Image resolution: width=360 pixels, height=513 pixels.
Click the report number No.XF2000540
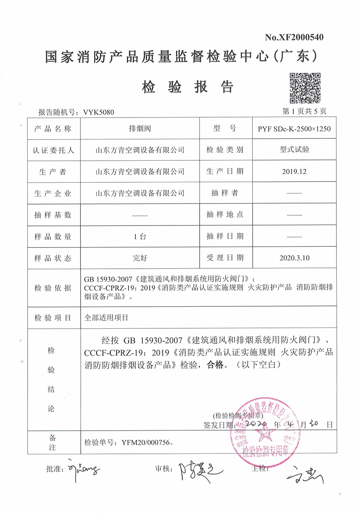pyautogui.click(x=294, y=38)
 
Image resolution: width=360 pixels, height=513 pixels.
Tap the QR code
pyautogui.click(x=305, y=88)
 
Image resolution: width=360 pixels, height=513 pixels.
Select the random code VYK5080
pyautogui.click(x=98, y=112)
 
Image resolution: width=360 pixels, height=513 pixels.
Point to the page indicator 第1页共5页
pyautogui.click(x=304, y=112)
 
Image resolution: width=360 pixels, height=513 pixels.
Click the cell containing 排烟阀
pyautogui.click(x=140, y=129)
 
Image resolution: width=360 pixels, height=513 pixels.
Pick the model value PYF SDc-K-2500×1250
pyautogui.click(x=294, y=129)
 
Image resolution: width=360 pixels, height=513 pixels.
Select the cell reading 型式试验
pyautogui.click(x=294, y=150)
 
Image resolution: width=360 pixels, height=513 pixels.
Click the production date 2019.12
pyautogui.click(x=294, y=172)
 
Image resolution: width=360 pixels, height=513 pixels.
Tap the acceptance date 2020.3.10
pyautogui.click(x=294, y=258)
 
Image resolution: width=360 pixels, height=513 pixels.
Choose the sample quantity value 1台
pyautogui.click(x=140, y=236)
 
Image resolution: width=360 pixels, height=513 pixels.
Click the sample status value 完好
pyautogui.click(x=140, y=258)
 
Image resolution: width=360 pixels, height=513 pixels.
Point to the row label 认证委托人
pyautogui.click(x=53, y=150)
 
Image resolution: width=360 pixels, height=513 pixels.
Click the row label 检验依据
pyautogui.click(x=53, y=288)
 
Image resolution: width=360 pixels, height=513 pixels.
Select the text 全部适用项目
pyautogui.click(x=106, y=318)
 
